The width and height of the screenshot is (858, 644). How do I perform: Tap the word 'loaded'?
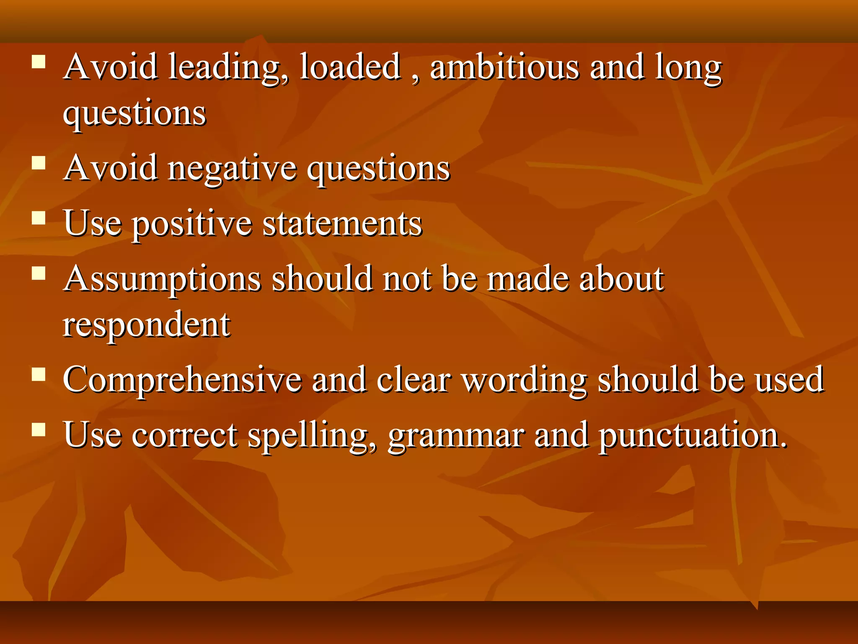pos(350,67)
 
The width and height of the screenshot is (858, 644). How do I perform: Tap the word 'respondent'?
pos(146,325)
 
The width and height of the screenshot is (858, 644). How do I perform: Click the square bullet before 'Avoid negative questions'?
pos(39,163)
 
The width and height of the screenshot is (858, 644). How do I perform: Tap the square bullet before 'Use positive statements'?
pos(39,218)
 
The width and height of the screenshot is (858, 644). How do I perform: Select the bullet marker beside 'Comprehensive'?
pos(39,374)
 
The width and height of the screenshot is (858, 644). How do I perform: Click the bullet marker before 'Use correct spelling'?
pos(39,430)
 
